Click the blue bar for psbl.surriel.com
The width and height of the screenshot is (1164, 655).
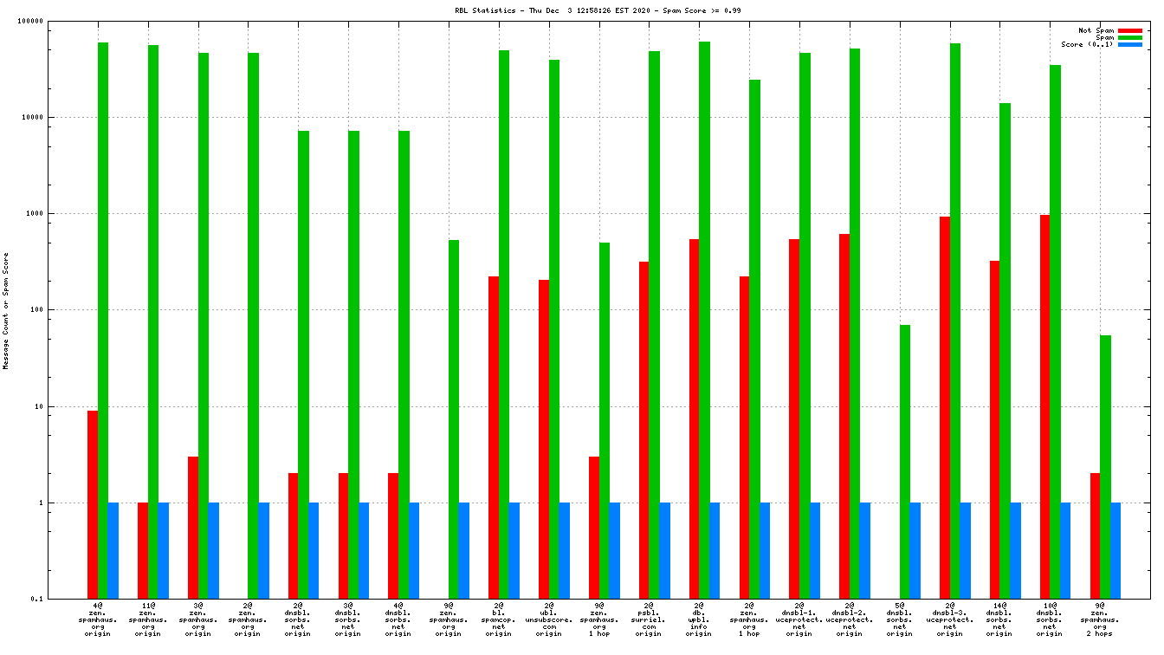click(x=665, y=550)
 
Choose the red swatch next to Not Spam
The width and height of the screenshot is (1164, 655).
click(x=1129, y=30)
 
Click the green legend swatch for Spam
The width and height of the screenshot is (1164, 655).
click(x=1129, y=37)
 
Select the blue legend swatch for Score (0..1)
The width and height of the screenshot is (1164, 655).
click(x=1129, y=44)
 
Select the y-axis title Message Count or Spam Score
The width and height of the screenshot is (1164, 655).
click(x=6, y=311)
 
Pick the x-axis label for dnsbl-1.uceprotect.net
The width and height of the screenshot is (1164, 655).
click(x=799, y=619)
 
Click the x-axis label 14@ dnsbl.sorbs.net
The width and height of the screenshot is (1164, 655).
click(x=999, y=619)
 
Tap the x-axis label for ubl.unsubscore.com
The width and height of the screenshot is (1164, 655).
click(x=549, y=619)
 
